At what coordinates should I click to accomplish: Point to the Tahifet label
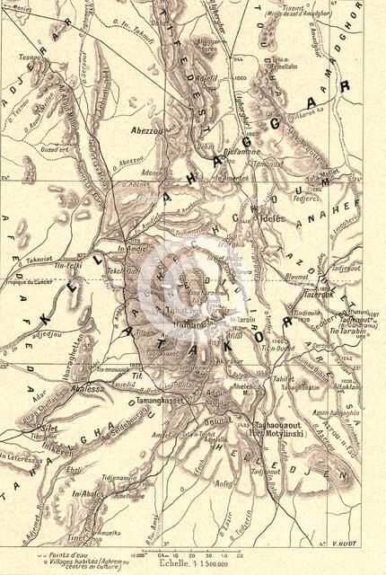(285, 378)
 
